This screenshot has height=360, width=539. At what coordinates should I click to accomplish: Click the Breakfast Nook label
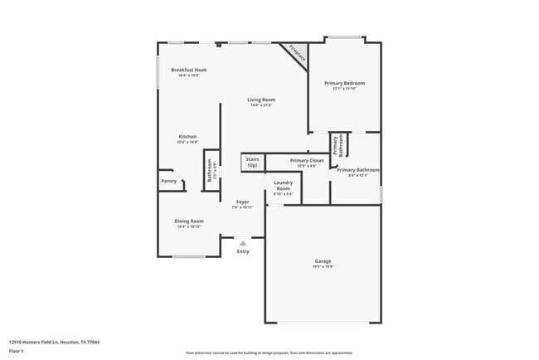(188, 70)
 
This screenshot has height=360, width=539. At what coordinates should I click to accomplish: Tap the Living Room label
(260, 100)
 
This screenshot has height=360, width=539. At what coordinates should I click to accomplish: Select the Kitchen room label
(187, 136)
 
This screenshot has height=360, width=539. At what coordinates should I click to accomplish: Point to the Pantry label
(168, 181)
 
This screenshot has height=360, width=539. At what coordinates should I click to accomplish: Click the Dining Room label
(188, 221)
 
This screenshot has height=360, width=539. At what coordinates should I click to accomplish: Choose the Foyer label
(242, 202)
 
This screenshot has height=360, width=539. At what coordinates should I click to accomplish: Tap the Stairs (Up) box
(252, 163)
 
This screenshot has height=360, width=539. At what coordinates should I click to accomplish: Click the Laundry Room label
(283, 186)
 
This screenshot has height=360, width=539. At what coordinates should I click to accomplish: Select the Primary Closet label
(307, 160)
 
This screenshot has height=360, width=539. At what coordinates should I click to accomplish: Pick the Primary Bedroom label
(344, 83)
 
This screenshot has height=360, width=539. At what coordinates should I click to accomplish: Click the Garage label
(323, 261)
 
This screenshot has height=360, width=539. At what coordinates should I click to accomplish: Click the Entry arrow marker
(242, 243)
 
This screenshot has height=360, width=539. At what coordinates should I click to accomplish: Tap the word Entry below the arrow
(242, 251)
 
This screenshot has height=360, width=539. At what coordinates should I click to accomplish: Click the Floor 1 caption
(16, 351)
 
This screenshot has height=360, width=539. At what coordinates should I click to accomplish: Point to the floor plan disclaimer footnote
(269, 353)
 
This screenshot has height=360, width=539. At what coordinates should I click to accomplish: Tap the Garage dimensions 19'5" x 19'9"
(323, 266)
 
